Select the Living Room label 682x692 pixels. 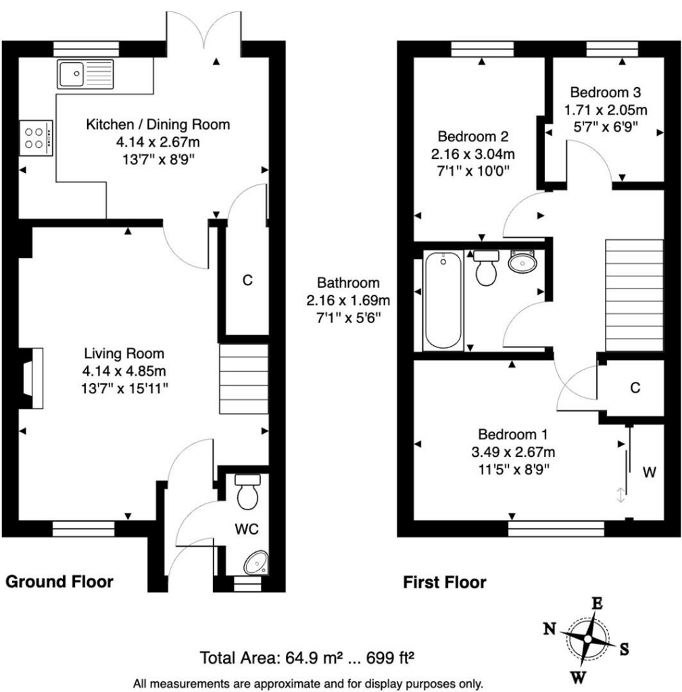pos(124,353)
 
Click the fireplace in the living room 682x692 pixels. pos(31,378)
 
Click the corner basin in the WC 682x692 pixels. pos(256,561)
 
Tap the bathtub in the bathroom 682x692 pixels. pos(443,299)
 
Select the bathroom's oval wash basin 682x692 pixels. pos(522,262)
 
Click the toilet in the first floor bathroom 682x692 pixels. pos(486,268)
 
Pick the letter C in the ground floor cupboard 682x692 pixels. pos(247,280)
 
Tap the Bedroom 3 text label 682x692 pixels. pos(605,93)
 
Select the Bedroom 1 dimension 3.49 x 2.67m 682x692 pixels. pos(514,452)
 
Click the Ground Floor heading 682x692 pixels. pos(59,581)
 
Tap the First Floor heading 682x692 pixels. pos(444,582)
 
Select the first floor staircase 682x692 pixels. pos(633,295)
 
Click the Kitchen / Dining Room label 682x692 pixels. pos(157,124)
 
